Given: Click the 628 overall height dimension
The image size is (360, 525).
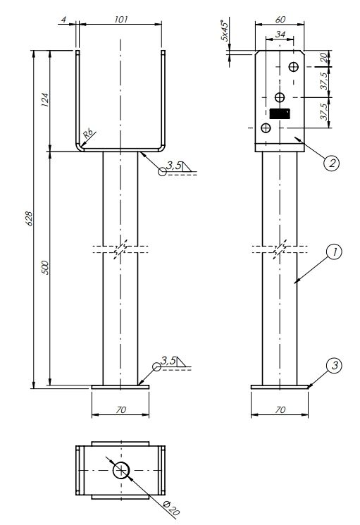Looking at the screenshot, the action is (x=29, y=218).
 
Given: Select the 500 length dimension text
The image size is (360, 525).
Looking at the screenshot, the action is (x=46, y=268).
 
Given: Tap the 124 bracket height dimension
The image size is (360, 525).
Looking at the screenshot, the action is (x=45, y=100).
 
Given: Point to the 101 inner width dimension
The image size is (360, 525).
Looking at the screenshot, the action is (x=120, y=20).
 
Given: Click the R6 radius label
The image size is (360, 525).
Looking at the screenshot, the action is (x=88, y=135).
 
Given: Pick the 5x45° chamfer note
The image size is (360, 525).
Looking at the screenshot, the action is (x=225, y=31).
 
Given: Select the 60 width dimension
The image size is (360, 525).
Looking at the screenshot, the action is (x=280, y=20).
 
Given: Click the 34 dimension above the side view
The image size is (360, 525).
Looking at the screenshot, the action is (x=280, y=34).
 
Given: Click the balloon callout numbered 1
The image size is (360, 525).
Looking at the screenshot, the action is (x=333, y=252).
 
